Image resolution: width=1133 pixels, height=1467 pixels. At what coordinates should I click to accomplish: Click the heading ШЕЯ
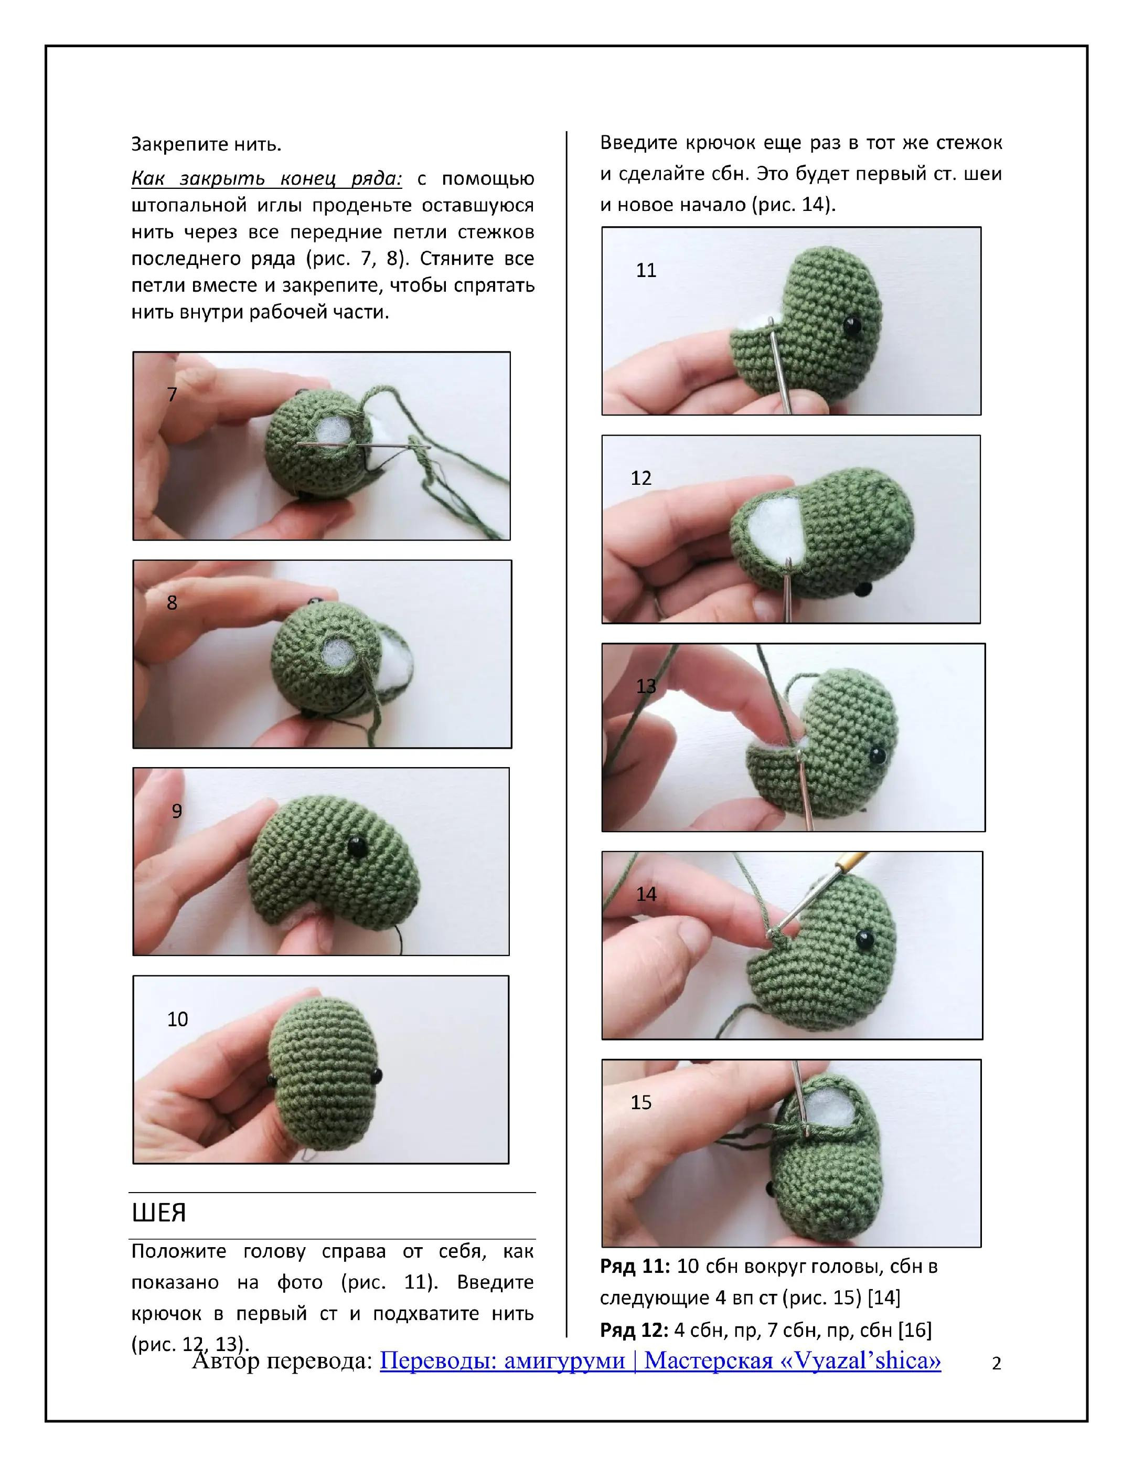coord(159,1213)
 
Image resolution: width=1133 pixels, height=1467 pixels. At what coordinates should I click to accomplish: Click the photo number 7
coord(172,394)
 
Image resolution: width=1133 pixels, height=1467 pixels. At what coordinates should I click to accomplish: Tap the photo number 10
coord(177,1019)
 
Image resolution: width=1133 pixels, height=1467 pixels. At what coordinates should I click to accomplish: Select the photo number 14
coord(646,894)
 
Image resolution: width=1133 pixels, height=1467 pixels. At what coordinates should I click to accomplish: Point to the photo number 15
coord(640,1102)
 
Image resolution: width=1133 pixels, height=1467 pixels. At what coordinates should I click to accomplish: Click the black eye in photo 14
coord(864,940)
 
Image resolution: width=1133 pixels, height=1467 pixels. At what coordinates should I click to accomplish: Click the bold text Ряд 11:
coord(635,1267)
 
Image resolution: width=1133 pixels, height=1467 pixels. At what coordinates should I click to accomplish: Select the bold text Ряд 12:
coord(635,1330)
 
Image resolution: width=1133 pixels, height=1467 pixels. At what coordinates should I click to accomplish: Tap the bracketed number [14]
coord(884,1298)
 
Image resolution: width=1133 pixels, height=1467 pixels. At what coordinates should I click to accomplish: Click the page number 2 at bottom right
coord(997,1364)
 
